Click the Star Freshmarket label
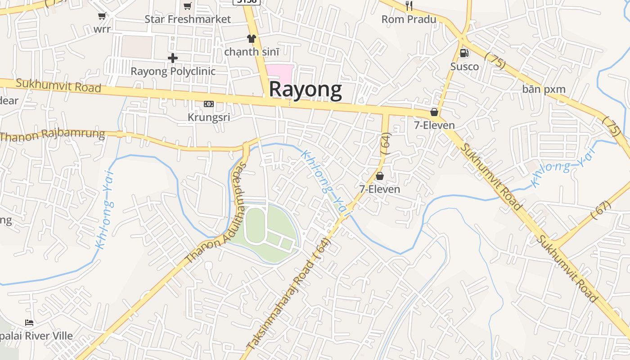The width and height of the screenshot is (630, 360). click(x=187, y=19)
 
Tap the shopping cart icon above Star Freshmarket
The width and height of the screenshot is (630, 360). click(x=187, y=6)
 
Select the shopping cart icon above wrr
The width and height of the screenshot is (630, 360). click(x=102, y=16)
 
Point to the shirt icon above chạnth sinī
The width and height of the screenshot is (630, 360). click(x=251, y=39)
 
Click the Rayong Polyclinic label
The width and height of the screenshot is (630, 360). click(x=173, y=72)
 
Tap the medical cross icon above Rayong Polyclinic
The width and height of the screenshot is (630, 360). click(x=173, y=58)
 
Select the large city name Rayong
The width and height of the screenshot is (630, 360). click(x=305, y=90)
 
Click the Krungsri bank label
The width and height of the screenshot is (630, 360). click(x=209, y=117)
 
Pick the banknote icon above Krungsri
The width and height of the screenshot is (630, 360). click(x=209, y=104)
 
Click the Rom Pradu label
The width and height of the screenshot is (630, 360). click(x=409, y=19)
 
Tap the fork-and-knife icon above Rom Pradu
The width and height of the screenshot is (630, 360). click(x=409, y=6)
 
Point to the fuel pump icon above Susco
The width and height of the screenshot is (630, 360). click(x=464, y=53)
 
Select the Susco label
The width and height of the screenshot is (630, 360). click(x=464, y=67)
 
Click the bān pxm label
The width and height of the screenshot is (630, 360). click(x=544, y=89)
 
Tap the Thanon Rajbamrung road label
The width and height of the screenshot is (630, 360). click(x=53, y=134)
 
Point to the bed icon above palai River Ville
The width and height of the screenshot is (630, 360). click(x=29, y=323)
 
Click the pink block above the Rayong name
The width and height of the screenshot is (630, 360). click(x=279, y=72)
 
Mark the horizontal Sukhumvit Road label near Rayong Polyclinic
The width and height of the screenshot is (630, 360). click(x=58, y=85)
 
